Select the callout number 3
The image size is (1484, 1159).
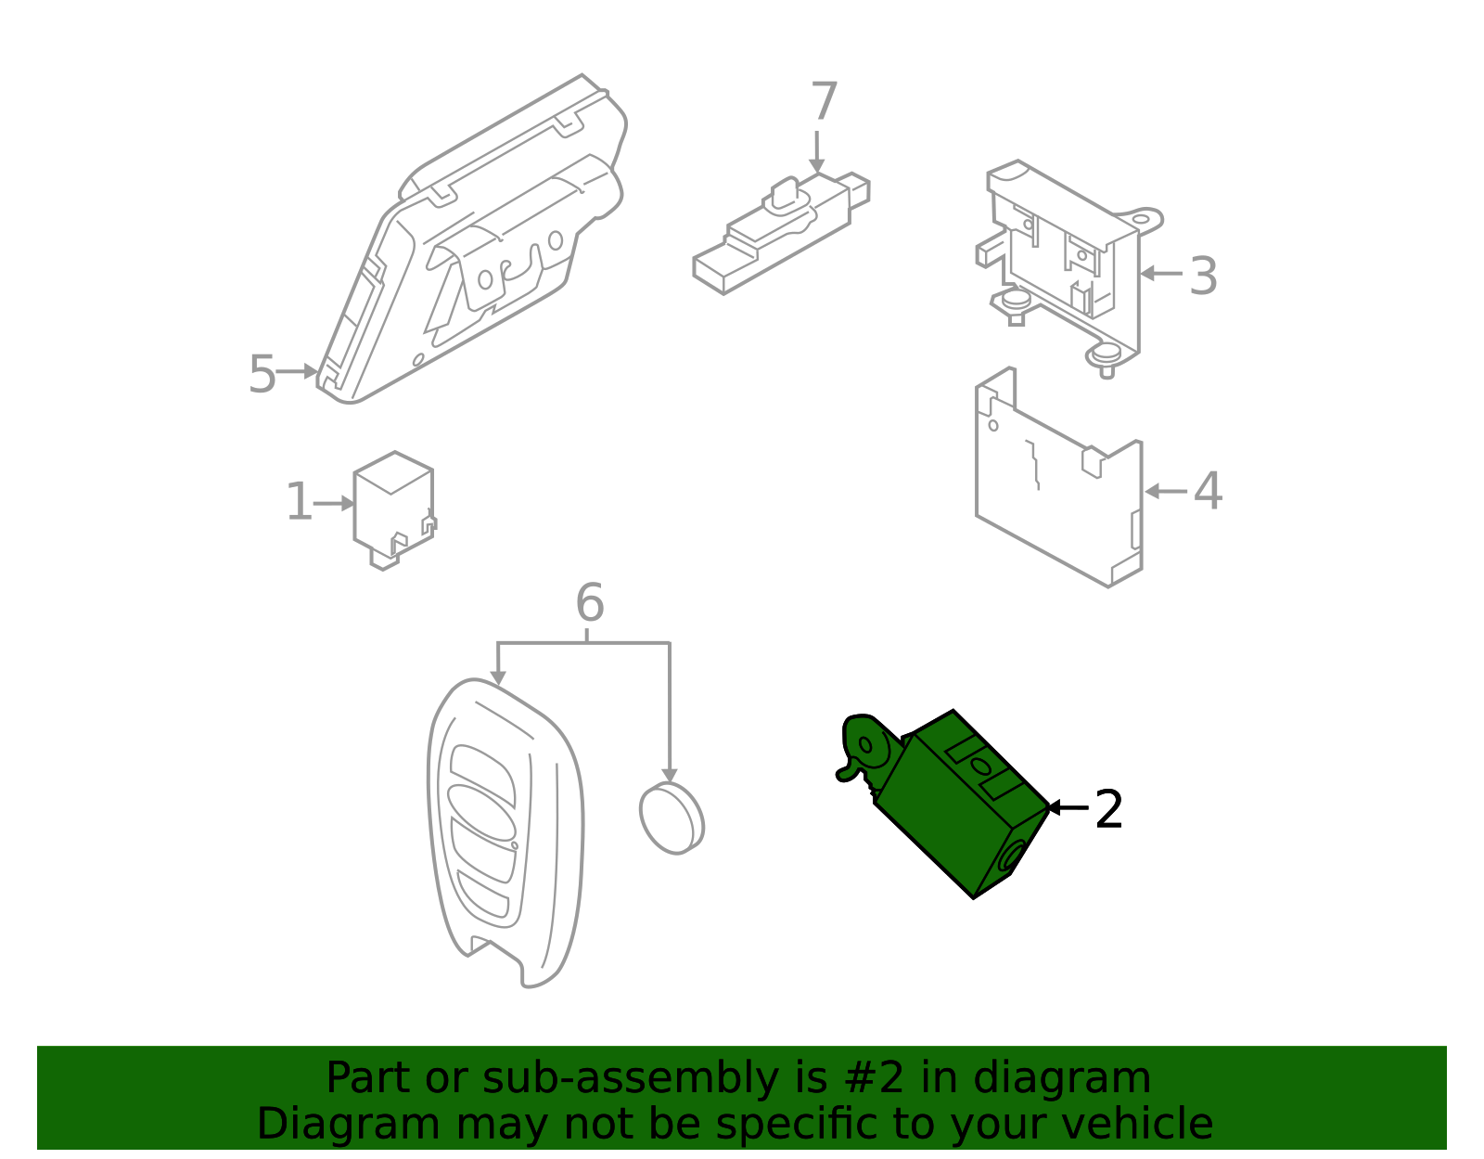[x=1203, y=277]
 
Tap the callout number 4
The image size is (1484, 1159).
[x=1207, y=492]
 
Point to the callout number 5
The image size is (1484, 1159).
[x=262, y=375]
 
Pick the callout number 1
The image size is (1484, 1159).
[x=299, y=503]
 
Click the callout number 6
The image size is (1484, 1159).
[x=590, y=603]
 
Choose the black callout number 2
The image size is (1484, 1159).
[x=1108, y=810]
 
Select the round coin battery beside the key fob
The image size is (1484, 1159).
[x=672, y=818]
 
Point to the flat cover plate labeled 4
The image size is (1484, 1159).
[x=1057, y=492]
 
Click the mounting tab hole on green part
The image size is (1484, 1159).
[x=867, y=744]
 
